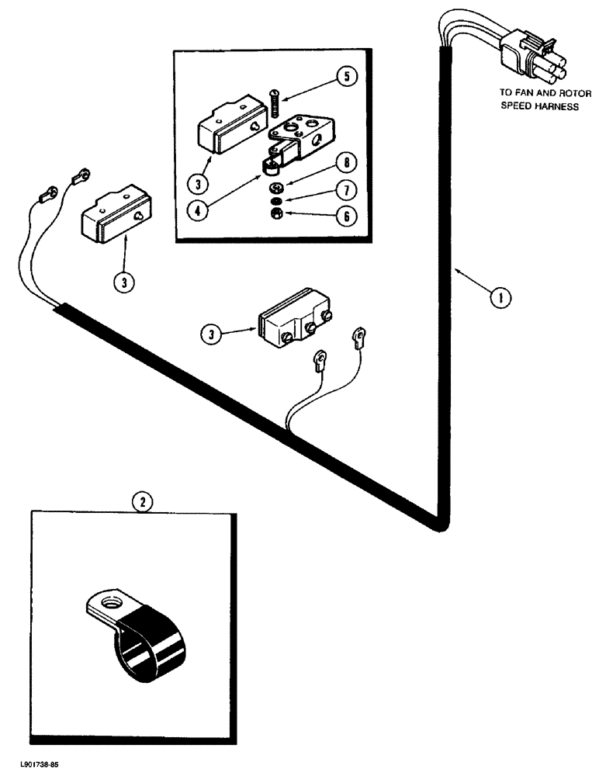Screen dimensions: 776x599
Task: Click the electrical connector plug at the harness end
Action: tap(525, 57)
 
